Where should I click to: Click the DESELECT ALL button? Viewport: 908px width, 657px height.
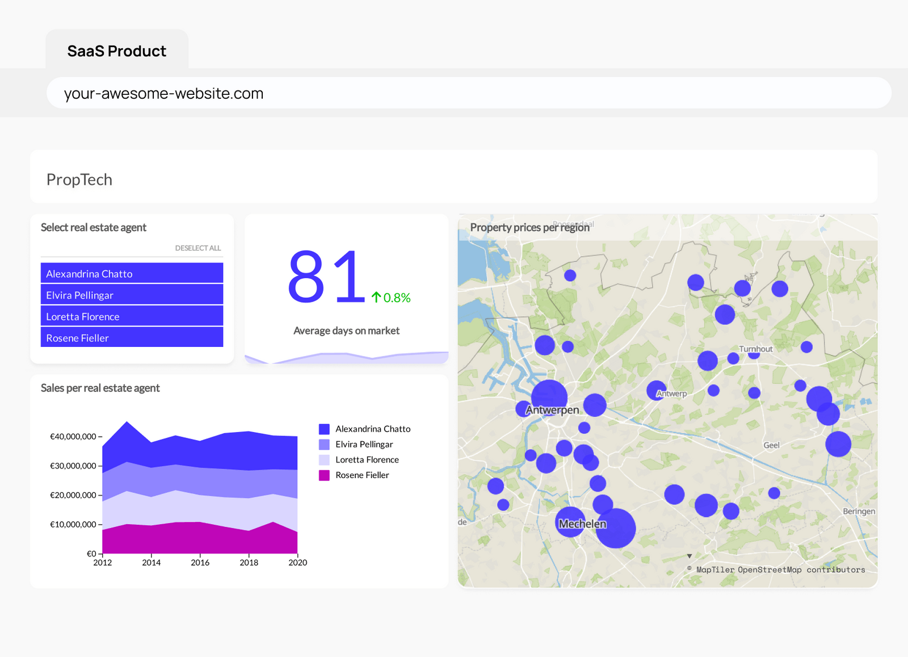[197, 248]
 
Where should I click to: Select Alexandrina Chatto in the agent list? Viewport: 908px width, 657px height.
[132, 273]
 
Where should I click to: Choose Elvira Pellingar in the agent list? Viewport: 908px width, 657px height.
[132, 295]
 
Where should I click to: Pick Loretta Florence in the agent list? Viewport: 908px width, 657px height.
[132, 316]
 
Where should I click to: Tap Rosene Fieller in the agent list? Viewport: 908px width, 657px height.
[132, 338]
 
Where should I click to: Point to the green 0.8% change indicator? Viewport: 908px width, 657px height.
[392, 298]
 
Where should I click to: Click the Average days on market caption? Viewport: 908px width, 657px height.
[346, 330]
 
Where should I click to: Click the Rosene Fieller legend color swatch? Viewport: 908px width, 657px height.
[324, 475]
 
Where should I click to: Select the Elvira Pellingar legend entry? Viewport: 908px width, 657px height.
[364, 444]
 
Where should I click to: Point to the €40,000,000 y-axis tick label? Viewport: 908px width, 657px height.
[73, 437]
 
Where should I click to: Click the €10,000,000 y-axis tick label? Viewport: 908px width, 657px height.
[73, 525]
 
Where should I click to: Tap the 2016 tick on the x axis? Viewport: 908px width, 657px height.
[200, 563]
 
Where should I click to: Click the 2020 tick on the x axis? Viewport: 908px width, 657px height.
[297, 563]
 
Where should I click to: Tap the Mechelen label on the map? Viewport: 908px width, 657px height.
[582, 524]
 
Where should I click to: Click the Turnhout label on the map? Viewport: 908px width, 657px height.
[755, 349]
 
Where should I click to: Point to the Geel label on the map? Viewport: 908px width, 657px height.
[771, 445]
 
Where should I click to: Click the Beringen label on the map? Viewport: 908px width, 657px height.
[859, 511]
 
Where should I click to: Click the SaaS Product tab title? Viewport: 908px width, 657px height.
[117, 51]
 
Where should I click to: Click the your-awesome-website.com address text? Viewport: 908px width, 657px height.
[163, 93]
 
